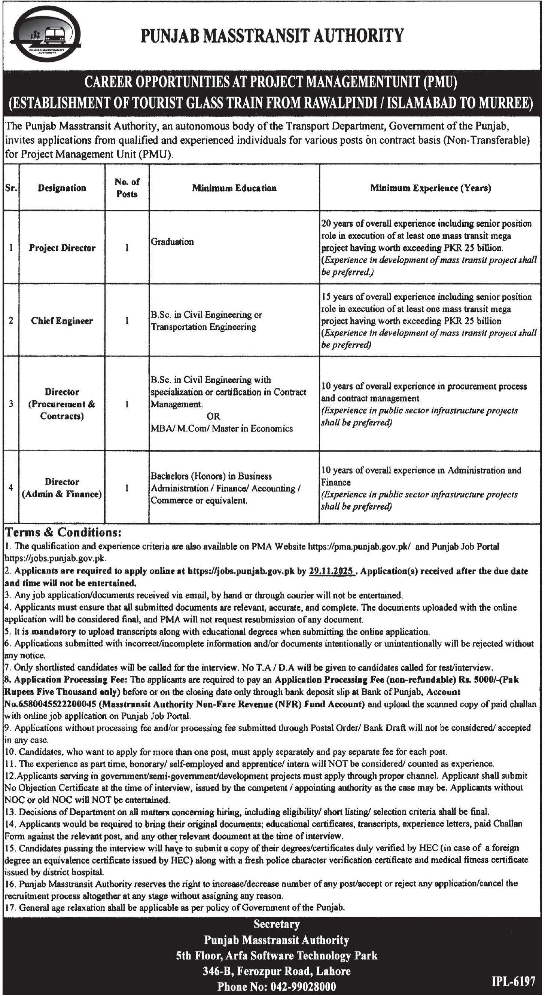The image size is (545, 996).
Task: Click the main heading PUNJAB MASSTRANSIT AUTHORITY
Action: point(272,36)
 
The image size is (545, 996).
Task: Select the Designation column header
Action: point(62,188)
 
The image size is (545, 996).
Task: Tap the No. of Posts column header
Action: point(127,188)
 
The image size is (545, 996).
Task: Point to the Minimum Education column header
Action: point(234,188)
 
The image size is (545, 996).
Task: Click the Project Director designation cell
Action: point(62,248)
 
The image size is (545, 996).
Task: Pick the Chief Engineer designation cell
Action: point(62,321)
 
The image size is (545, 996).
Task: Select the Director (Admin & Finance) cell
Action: point(62,488)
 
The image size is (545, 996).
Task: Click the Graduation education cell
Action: point(172,242)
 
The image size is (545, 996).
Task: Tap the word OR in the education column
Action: point(213,416)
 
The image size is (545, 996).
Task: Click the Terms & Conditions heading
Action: point(63,533)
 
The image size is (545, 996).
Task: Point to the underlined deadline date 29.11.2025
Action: point(332,571)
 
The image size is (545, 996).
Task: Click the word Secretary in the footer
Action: point(276,925)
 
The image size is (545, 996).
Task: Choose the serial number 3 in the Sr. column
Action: point(11,404)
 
